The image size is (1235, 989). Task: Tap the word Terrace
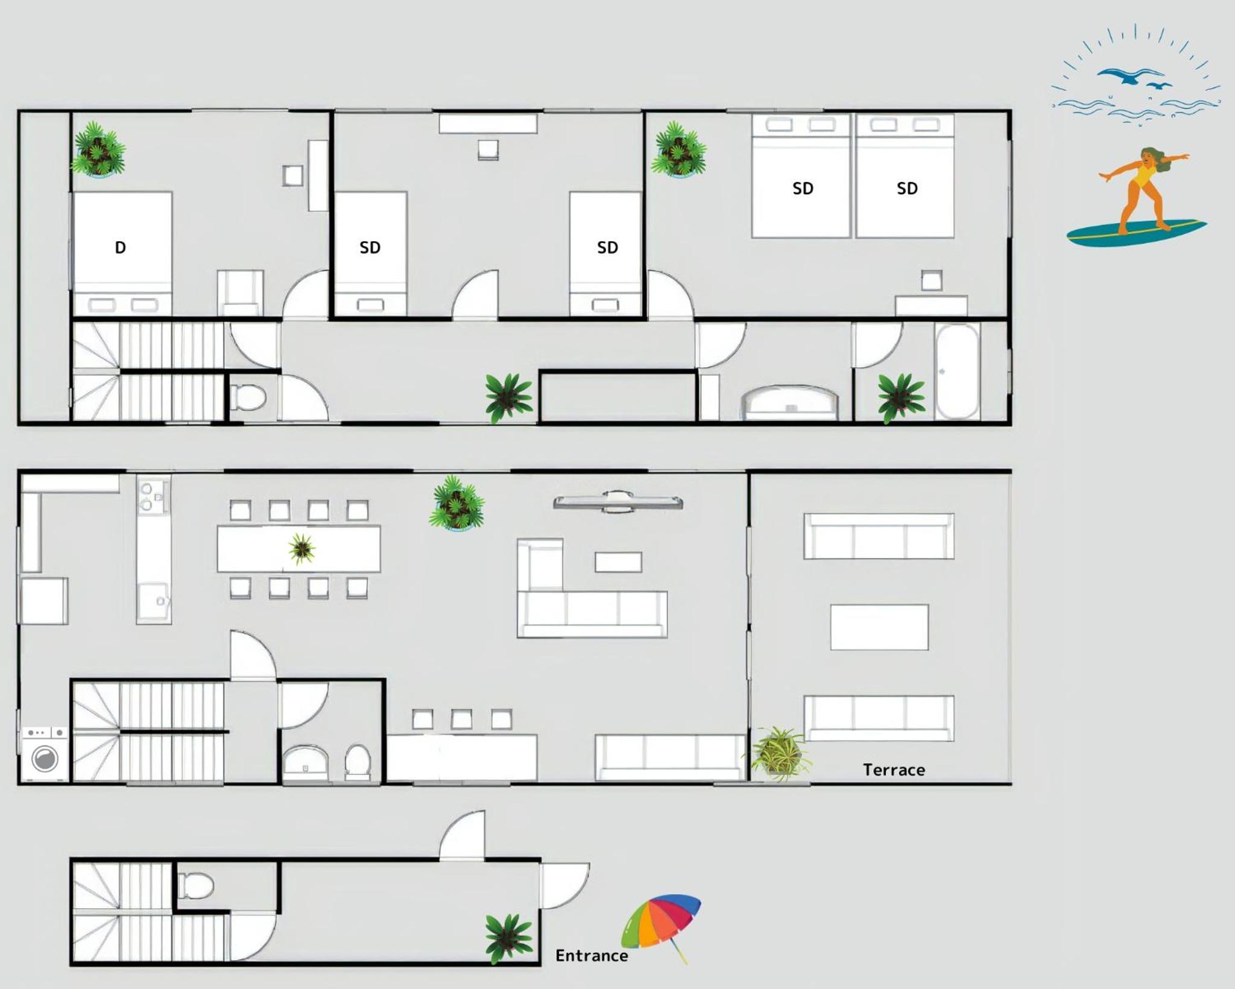click(x=894, y=770)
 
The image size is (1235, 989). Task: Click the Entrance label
click(x=592, y=956)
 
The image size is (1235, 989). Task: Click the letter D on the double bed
click(x=121, y=247)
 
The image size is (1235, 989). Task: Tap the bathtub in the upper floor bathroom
click(x=957, y=371)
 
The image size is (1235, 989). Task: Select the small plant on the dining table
click(x=302, y=549)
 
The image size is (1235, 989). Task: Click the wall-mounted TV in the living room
click(x=618, y=501)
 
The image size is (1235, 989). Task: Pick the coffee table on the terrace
click(x=879, y=627)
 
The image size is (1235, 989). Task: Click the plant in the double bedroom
click(x=98, y=150)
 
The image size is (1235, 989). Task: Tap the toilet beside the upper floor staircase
click(x=248, y=397)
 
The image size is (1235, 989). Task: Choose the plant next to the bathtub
click(x=901, y=397)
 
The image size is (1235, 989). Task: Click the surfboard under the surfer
click(x=1137, y=232)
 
